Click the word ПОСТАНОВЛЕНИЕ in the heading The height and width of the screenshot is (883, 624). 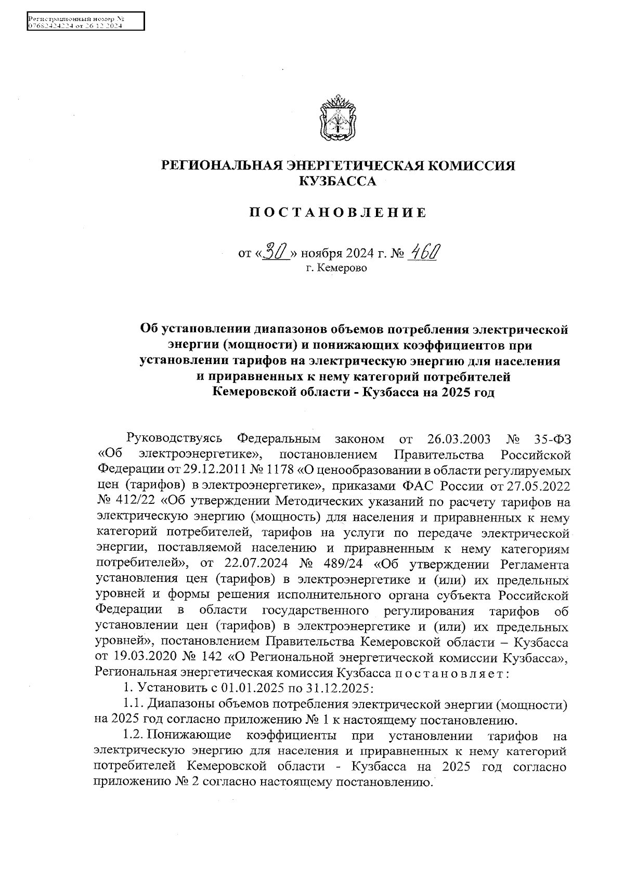(x=338, y=213)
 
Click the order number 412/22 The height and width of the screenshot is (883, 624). (x=125, y=502)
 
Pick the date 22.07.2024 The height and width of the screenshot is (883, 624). (x=255, y=564)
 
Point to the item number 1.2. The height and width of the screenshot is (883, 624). (x=133, y=736)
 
